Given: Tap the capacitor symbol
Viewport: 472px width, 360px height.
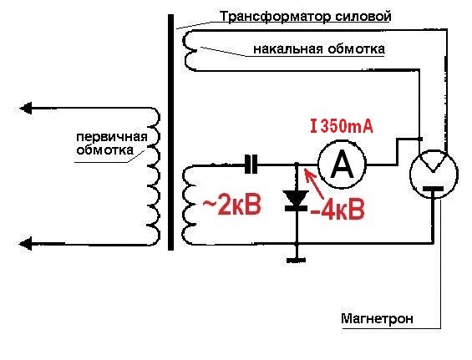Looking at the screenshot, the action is click(251, 165).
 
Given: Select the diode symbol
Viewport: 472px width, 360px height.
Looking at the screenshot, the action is click(297, 200).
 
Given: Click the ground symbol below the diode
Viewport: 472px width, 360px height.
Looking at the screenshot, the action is click(297, 260).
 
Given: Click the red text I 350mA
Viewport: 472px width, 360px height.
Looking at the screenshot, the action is click(342, 126).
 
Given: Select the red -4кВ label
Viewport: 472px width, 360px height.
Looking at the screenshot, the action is click(338, 209).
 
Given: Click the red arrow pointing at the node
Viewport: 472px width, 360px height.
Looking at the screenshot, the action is click(313, 184).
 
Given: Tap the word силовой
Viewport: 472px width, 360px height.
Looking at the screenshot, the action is click(359, 16).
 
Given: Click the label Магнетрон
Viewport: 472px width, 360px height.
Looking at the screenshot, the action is click(377, 318).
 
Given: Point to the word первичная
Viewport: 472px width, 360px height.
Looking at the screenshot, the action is click(112, 137).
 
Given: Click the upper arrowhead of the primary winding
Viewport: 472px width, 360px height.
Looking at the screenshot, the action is click(26, 108).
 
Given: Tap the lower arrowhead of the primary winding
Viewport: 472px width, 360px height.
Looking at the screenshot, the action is click(26, 244).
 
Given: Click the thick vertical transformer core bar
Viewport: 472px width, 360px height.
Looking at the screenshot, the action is click(170, 132).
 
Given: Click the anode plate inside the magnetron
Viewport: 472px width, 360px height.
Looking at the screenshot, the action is click(433, 189).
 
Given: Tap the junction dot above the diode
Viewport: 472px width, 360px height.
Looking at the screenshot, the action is click(297, 165).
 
